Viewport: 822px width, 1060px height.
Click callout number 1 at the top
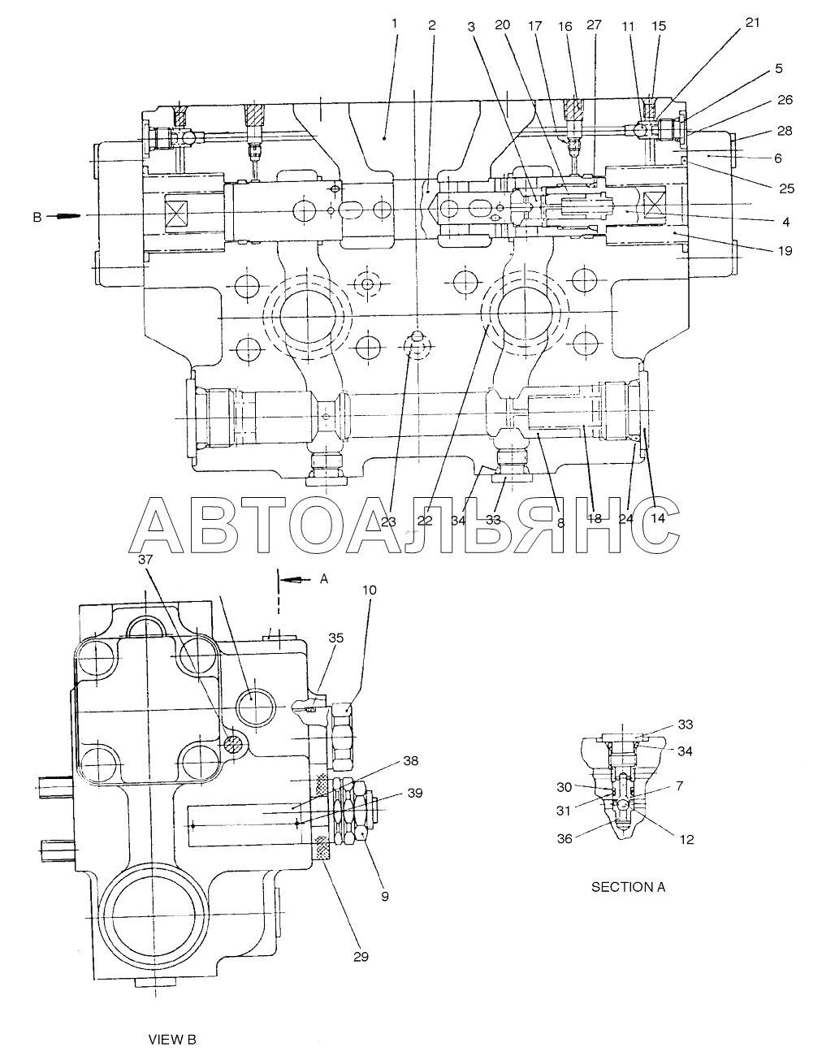tap(395, 24)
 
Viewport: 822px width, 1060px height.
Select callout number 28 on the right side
tap(785, 131)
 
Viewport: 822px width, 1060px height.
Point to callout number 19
tap(785, 251)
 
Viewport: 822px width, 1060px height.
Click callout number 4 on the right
tap(785, 222)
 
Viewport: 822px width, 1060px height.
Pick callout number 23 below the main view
tap(388, 522)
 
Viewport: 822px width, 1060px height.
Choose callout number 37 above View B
tap(145, 560)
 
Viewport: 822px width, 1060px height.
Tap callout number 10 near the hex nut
tap(370, 591)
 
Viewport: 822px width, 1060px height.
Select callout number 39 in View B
tap(415, 793)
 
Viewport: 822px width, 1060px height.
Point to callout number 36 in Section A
tap(565, 840)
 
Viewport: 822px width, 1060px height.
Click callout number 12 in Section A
tap(686, 840)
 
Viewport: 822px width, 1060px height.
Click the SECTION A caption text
tap(629, 887)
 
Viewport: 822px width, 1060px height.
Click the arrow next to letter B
tap(67, 215)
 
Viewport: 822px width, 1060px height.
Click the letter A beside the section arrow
tap(324, 579)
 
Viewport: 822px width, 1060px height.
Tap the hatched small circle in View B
tap(232, 744)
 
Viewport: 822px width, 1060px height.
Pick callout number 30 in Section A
tap(565, 787)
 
